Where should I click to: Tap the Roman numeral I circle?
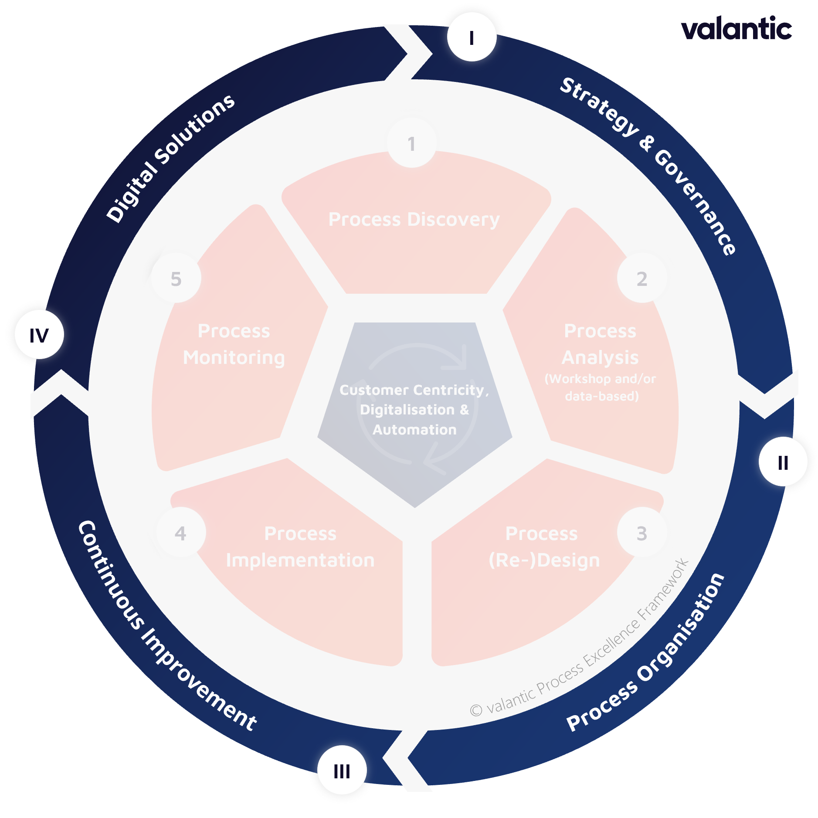coord(472,37)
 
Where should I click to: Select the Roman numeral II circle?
coord(783,462)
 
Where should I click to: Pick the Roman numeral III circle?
coord(342,771)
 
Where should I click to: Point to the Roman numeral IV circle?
coord(39,335)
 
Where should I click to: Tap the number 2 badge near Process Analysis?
coord(642,278)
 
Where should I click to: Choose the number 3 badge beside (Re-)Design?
coord(642,533)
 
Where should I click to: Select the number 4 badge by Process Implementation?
coord(180,533)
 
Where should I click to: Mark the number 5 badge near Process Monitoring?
coord(176,278)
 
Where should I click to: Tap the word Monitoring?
coord(234,358)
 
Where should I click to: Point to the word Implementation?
coord(300,560)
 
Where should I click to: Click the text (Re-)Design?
coord(544,560)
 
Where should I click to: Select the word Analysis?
coord(600,358)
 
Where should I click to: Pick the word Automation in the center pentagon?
coord(414,430)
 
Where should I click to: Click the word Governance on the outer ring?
coord(696,203)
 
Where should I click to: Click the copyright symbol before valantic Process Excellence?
coord(476,710)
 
